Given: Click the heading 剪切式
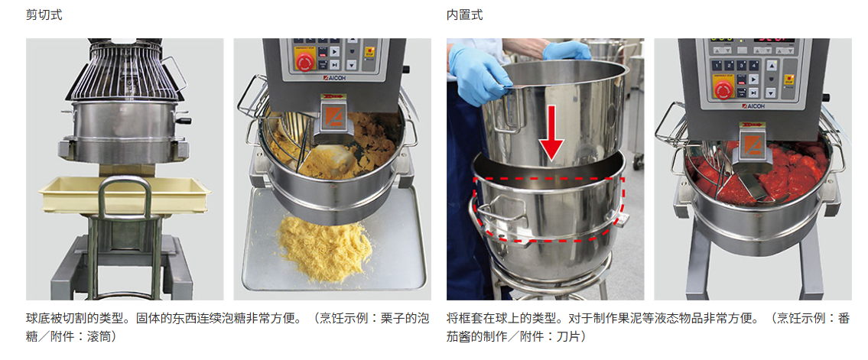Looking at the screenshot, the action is point(44,15).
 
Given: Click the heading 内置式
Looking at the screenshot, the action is point(464,15).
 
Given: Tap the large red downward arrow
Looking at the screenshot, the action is point(551,133).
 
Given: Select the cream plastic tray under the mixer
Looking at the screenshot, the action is point(125,193).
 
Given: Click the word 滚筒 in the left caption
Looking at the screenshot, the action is point(99,336).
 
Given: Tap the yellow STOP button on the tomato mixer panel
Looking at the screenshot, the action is point(788,79).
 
